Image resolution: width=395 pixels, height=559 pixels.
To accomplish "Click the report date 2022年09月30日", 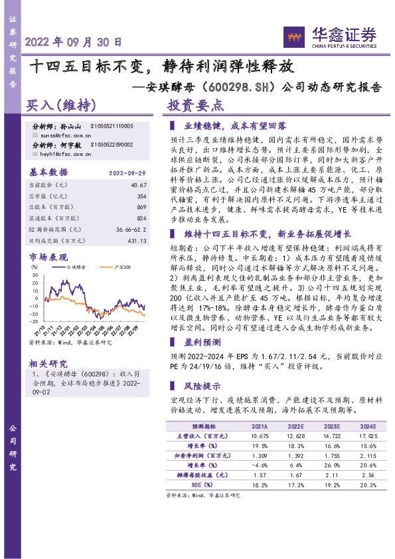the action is point(74,41).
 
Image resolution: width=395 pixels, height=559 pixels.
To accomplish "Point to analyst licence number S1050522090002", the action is point(109,144).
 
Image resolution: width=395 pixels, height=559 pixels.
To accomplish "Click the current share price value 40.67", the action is point(137,185).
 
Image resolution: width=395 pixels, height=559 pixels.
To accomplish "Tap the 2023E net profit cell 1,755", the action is point(330,457).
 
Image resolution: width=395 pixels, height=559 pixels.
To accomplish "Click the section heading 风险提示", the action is point(202,386).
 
